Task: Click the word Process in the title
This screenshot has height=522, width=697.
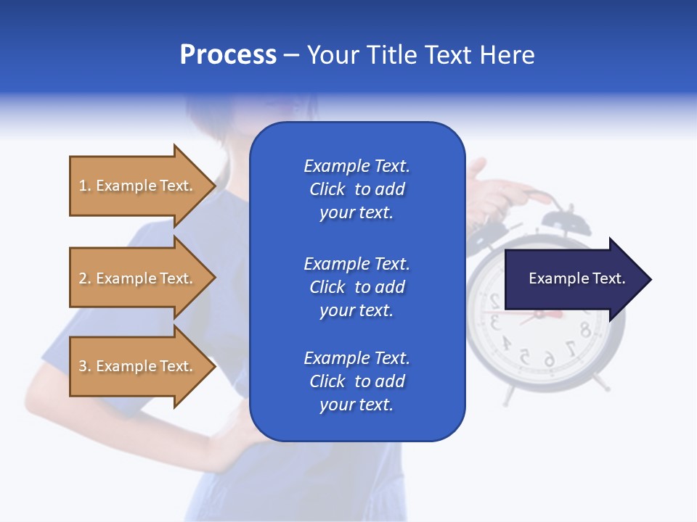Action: [x=228, y=55]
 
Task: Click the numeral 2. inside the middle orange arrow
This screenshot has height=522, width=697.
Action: [x=85, y=278]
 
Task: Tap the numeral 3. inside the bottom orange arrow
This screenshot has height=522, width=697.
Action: [x=85, y=366]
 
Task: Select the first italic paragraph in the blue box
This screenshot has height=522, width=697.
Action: [x=356, y=189]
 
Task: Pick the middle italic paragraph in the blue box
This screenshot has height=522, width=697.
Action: [x=356, y=287]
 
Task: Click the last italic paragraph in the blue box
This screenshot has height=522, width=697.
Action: [x=356, y=381]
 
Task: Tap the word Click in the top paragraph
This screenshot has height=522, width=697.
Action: [x=327, y=189]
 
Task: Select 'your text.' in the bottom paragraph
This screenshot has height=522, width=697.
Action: [x=356, y=405]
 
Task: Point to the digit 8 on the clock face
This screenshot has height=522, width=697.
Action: [x=584, y=330]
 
